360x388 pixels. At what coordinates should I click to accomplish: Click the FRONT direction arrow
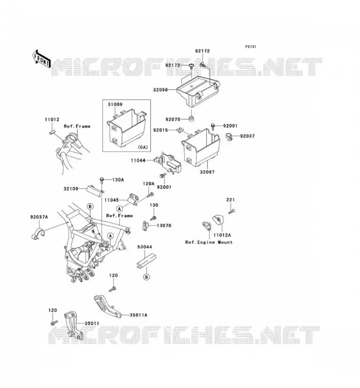click(x=41, y=59)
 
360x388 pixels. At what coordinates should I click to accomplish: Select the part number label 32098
click(x=161, y=90)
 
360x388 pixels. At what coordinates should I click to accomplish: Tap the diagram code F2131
click(x=250, y=47)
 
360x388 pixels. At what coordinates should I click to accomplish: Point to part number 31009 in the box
click(x=115, y=104)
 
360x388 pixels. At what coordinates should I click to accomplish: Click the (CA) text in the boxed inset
click(x=142, y=147)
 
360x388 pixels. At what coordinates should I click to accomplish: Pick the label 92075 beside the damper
click(x=173, y=119)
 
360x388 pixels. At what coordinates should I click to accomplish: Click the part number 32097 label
click(x=207, y=172)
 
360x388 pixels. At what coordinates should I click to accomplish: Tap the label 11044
click(x=138, y=161)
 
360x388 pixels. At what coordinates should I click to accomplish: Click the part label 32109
click(x=71, y=189)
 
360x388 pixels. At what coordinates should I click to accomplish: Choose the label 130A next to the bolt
click(x=118, y=180)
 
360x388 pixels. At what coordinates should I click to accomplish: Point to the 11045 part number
click(x=112, y=200)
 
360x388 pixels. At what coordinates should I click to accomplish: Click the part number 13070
click(x=164, y=226)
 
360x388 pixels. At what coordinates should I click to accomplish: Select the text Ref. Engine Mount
click(x=209, y=242)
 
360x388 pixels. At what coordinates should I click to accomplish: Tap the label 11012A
click(x=222, y=235)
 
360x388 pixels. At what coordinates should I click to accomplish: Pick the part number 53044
click(x=145, y=247)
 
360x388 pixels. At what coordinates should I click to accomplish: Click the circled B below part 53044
click(x=147, y=277)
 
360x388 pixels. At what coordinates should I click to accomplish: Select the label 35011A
click(x=138, y=315)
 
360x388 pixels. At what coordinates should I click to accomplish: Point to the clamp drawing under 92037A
click(x=38, y=234)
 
